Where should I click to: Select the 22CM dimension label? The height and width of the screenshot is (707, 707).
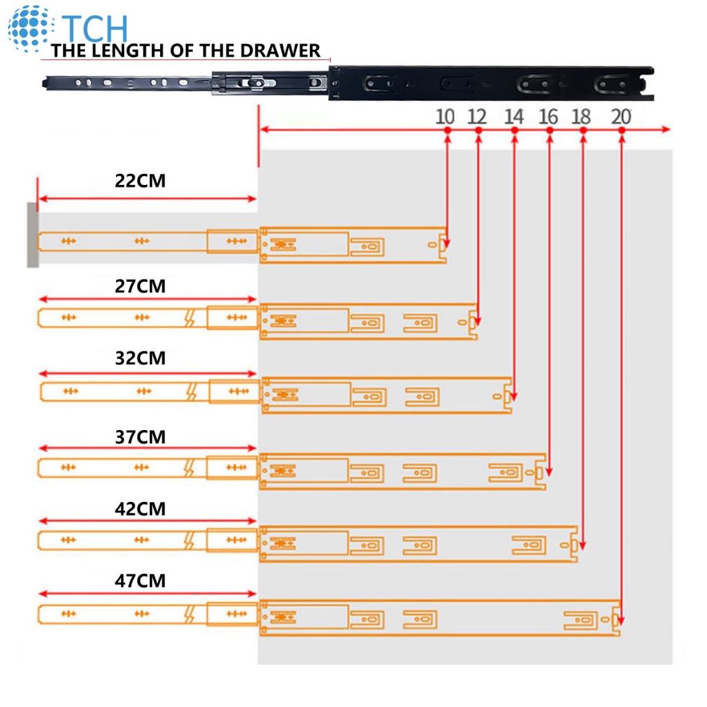[140, 181]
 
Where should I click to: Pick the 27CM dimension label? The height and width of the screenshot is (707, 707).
[140, 286]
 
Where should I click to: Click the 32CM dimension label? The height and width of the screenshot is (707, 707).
[140, 359]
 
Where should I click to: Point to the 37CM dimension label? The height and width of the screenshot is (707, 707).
[140, 437]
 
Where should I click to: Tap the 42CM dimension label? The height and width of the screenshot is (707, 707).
[140, 509]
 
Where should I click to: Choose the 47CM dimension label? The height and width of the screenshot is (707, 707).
[140, 581]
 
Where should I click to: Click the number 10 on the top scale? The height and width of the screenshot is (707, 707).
[445, 116]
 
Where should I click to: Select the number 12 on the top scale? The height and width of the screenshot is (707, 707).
[477, 116]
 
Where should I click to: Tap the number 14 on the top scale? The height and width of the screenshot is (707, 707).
[514, 116]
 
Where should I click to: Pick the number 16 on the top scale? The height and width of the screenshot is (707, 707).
[548, 116]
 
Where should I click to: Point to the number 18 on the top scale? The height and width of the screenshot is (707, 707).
[582, 116]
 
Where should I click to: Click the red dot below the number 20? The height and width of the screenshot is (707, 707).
[622, 130]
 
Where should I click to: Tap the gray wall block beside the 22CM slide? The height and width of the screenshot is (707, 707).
[32, 235]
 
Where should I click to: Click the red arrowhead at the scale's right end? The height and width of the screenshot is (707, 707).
[666, 130]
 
